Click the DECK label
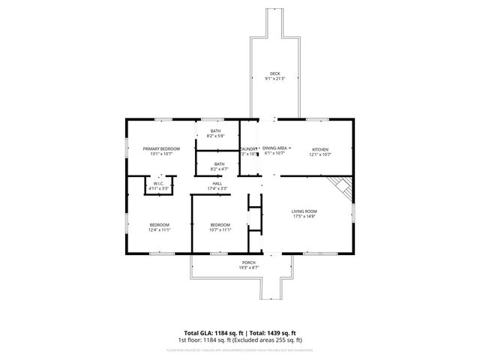pyautogui.click(x=275, y=73)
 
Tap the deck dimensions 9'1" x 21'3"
pyautogui.click(x=275, y=78)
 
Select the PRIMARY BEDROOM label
pyautogui.click(x=161, y=148)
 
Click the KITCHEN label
pyautogui.click(x=321, y=148)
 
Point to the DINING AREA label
pyautogui.click(x=274, y=148)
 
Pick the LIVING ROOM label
pyautogui.click(x=304, y=211)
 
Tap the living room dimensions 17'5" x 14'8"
pyautogui.click(x=304, y=217)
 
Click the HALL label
pyautogui.click(x=217, y=183)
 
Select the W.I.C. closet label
pyautogui.click(x=159, y=183)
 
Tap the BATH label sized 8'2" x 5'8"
pyautogui.click(x=215, y=131)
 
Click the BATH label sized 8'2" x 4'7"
pyautogui.click(x=219, y=164)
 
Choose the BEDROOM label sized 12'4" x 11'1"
pyautogui.click(x=159, y=225)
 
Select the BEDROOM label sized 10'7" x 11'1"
pyautogui.click(x=220, y=225)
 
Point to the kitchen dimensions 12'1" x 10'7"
pyautogui.click(x=321, y=154)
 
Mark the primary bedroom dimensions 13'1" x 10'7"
pyautogui.click(x=161, y=154)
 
